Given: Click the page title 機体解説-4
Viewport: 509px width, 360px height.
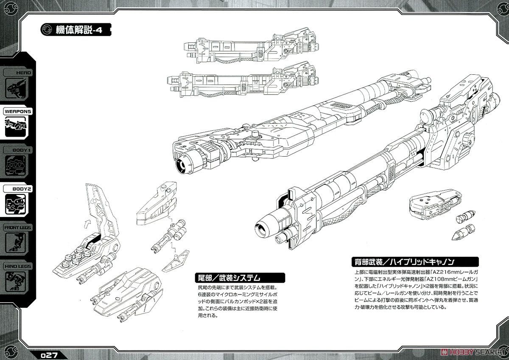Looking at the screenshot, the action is (79, 30).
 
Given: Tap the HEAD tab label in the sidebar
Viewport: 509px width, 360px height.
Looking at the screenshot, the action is (23, 73).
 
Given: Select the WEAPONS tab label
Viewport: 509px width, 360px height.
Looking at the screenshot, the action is (18, 111).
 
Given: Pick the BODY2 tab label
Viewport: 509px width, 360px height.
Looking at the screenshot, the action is (22, 189).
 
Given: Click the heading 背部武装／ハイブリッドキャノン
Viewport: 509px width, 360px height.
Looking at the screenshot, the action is (403, 262).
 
